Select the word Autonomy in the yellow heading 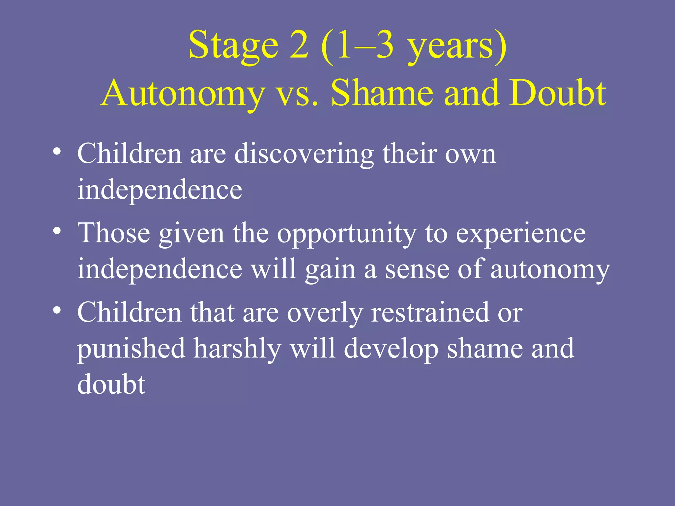183,94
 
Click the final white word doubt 111,384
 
